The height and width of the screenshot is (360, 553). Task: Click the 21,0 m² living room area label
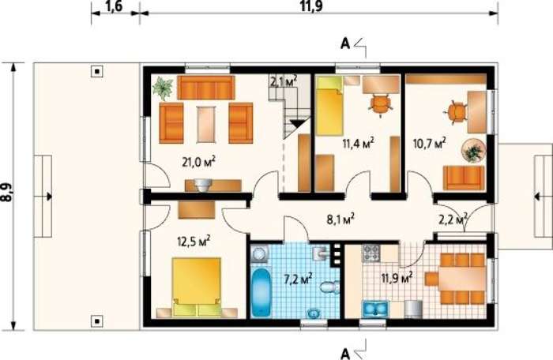coord(198,162)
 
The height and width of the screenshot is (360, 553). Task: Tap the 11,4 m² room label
coord(358,143)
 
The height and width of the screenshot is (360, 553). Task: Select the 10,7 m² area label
coord(429,143)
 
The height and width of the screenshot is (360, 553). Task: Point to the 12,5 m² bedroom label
coord(194,241)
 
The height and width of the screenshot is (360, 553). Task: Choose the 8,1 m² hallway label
coord(340,219)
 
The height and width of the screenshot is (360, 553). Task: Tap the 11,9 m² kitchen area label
coord(397,278)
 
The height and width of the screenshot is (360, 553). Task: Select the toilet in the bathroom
coord(329,286)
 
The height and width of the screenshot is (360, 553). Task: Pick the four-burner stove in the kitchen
coord(371,253)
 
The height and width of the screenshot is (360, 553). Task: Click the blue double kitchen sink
coord(375,309)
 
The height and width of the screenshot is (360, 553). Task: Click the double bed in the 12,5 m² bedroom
coord(197,287)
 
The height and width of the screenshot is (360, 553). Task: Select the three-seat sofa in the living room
coord(206,88)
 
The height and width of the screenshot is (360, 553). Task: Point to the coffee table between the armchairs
coord(206,124)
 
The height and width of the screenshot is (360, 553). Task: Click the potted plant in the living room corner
coord(163,88)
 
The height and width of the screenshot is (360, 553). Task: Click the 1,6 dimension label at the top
coord(114,6)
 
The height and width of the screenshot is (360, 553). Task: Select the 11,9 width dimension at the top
coord(311,6)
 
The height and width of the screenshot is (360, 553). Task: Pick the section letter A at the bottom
coord(345,353)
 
